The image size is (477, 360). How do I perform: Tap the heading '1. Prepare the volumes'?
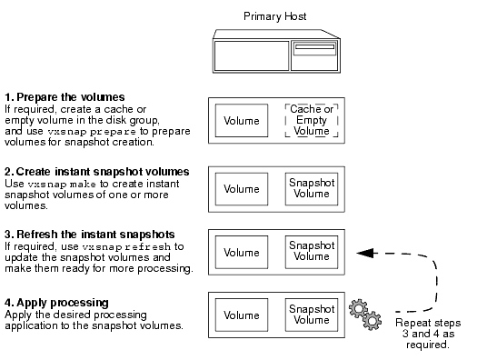[x=65, y=96]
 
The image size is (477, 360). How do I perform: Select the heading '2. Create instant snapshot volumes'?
[x=97, y=171]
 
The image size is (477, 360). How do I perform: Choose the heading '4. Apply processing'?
[x=57, y=302]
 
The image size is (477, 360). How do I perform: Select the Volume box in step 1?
[x=242, y=119]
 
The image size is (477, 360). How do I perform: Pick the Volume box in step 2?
[x=242, y=188]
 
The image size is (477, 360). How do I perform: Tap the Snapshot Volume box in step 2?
[x=308, y=188]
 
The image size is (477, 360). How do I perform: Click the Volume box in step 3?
[x=242, y=252]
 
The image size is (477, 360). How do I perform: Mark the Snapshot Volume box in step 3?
[x=308, y=252]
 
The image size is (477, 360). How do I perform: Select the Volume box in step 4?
[x=242, y=315]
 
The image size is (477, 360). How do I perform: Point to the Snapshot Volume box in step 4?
[x=308, y=315]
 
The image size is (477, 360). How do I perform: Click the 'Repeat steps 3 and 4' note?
[x=429, y=334]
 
